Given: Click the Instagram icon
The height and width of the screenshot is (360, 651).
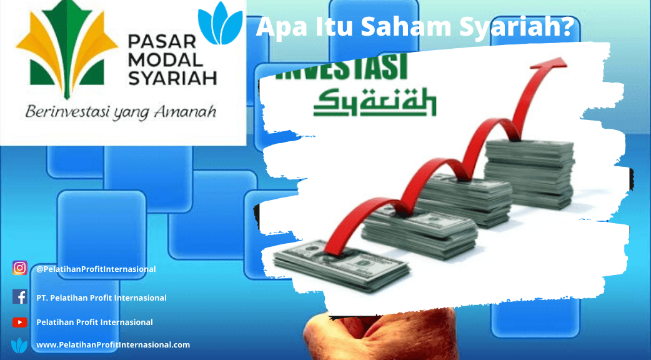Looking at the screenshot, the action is point(19,268).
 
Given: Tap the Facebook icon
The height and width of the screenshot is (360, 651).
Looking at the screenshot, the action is point(19,297).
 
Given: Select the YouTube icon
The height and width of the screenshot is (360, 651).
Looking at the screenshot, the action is point(19,322).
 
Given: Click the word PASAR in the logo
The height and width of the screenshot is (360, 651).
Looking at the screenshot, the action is point(162,41).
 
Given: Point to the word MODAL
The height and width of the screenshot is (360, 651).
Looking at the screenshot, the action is point(165,59).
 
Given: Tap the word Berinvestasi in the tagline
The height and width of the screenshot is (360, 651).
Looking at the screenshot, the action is point(64,112).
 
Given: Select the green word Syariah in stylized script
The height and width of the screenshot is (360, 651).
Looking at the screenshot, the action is point(374,102).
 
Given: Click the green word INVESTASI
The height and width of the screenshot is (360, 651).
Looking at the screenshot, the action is point(340,69).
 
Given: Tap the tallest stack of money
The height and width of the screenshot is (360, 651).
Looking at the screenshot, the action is point(530,173).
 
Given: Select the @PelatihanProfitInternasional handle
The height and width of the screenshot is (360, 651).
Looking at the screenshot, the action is point(96,269).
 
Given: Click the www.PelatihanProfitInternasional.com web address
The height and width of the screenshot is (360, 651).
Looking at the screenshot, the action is point(113,344).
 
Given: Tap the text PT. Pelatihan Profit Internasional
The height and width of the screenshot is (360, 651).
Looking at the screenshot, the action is point(101,297).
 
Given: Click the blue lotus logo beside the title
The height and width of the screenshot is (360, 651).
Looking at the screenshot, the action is point(220,23).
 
